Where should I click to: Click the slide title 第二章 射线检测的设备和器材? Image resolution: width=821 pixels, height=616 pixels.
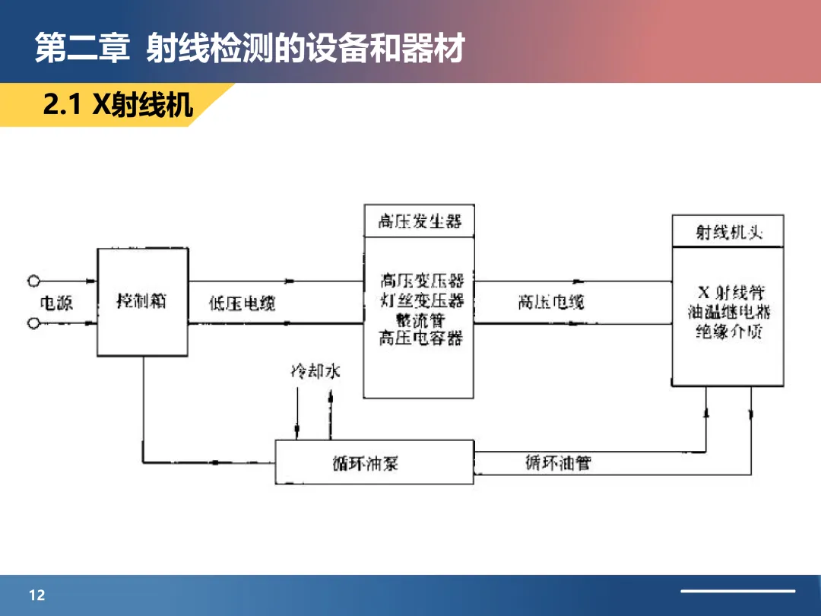coord(249,49)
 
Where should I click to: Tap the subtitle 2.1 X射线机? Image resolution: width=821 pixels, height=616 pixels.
coord(118,106)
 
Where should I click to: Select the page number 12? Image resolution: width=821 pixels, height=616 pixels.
coord(37,595)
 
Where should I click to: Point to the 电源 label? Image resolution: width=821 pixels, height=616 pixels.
coord(55,303)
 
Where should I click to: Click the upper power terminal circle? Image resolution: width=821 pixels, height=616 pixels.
coord(33,281)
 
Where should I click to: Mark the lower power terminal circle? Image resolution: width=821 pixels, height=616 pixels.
coord(33,323)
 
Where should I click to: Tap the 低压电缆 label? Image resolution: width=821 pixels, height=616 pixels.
coord(242,303)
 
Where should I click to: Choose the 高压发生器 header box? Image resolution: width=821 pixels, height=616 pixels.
coord(419,222)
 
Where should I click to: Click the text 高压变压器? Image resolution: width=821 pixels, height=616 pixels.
coord(421,281)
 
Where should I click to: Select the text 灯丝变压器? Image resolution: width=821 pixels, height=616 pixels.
coord(421,300)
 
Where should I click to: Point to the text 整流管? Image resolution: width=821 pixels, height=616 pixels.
coord(420,319)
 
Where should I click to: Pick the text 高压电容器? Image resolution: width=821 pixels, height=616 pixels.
coord(420,338)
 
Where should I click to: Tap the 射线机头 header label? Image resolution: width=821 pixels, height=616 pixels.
coord(728,232)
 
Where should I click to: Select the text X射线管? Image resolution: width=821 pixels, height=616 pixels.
coord(731,293)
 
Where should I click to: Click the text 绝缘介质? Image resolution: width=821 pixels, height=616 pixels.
coord(729,332)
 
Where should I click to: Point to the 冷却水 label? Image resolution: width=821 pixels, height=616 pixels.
coord(315,372)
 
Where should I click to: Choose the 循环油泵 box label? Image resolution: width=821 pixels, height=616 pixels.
coord(365,463)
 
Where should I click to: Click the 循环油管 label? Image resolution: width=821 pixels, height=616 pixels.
coord(558,462)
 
